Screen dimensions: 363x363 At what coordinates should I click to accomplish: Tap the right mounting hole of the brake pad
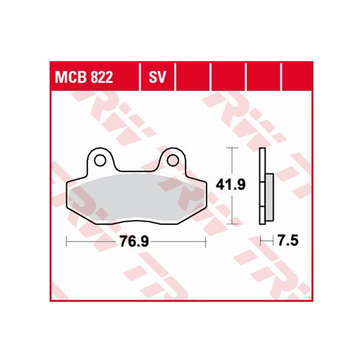click(x=173, y=160)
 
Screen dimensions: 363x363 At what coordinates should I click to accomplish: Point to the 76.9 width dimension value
click(x=134, y=242)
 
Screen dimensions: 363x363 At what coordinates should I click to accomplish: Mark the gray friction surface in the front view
click(x=135, y=198)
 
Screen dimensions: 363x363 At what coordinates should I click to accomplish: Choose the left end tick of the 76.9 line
click(x=67, y=242)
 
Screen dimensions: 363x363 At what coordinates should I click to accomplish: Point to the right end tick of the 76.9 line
click(x=206, y=242)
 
